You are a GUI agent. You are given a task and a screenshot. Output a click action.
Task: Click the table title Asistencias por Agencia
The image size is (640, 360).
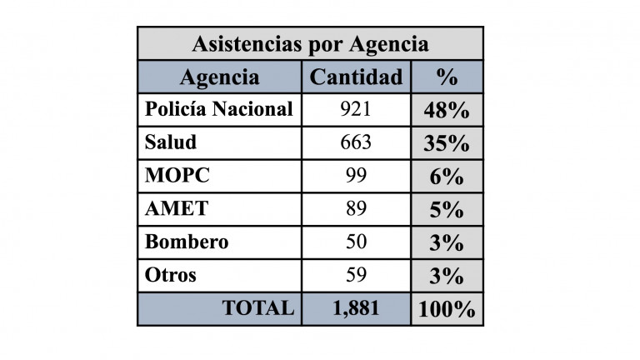(310, 43)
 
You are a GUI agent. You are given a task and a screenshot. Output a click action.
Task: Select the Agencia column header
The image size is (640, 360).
(219, 77)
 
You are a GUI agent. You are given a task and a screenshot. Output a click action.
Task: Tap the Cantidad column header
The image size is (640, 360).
(356, 77)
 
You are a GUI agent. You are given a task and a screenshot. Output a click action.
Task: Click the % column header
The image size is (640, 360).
(447, 77)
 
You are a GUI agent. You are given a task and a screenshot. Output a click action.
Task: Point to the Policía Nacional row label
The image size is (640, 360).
(218, 109)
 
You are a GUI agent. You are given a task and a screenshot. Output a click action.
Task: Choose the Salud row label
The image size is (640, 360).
(171, 142)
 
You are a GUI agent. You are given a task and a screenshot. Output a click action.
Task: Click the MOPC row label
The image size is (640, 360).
(177, 176)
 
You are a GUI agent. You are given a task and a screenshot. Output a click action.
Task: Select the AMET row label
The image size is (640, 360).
(176, 209)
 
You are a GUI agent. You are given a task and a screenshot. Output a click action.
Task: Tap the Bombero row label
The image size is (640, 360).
(187, 242)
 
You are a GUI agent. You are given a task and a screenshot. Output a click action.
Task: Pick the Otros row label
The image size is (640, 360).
(171, 275)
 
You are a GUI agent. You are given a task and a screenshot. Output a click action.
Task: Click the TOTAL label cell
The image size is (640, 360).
(257, 308)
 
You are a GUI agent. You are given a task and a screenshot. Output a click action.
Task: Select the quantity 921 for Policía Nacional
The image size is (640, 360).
(356, 109)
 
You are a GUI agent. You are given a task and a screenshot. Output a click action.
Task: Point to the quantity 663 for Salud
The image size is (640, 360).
(356, 142)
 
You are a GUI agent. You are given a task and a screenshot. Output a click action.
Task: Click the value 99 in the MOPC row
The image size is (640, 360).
(356, 176)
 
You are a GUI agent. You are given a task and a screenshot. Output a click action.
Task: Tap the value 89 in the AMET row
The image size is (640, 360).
(356, 209)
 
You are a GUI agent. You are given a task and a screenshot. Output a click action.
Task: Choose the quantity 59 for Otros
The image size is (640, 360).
(356, 275)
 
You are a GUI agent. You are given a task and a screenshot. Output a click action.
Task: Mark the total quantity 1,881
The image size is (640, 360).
(356, 308)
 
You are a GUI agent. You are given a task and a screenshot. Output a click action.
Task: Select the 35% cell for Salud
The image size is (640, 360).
(447, 143)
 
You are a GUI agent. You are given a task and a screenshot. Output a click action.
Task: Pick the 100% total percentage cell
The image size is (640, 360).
(447, 310)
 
